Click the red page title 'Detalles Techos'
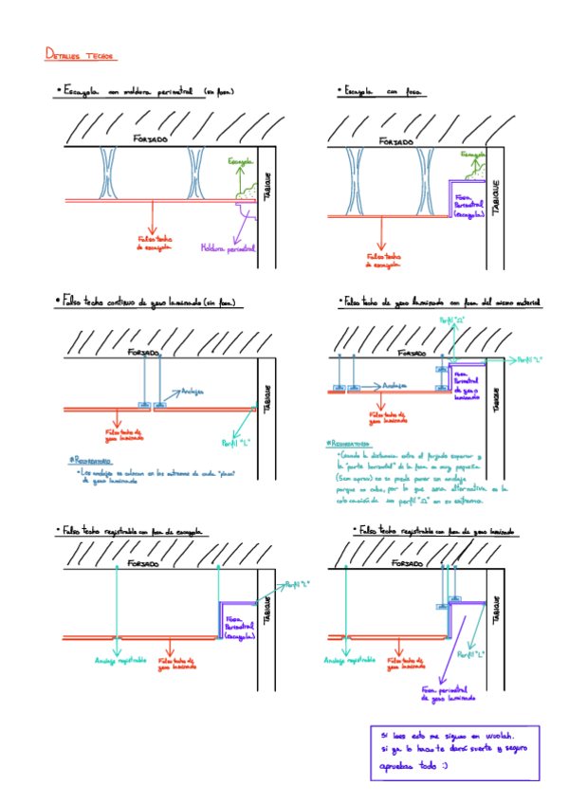tap(80, 56)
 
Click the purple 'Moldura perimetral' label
tap(228, 249)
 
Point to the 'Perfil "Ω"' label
tap(449, 322)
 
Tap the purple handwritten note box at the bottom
tap(454, 749)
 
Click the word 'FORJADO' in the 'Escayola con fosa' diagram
tap(396, 141)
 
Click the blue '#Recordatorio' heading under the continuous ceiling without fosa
tap(95, 459)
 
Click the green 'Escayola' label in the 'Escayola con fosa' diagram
tap(474, 154)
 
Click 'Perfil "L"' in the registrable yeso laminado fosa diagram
tap(471, 653)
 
